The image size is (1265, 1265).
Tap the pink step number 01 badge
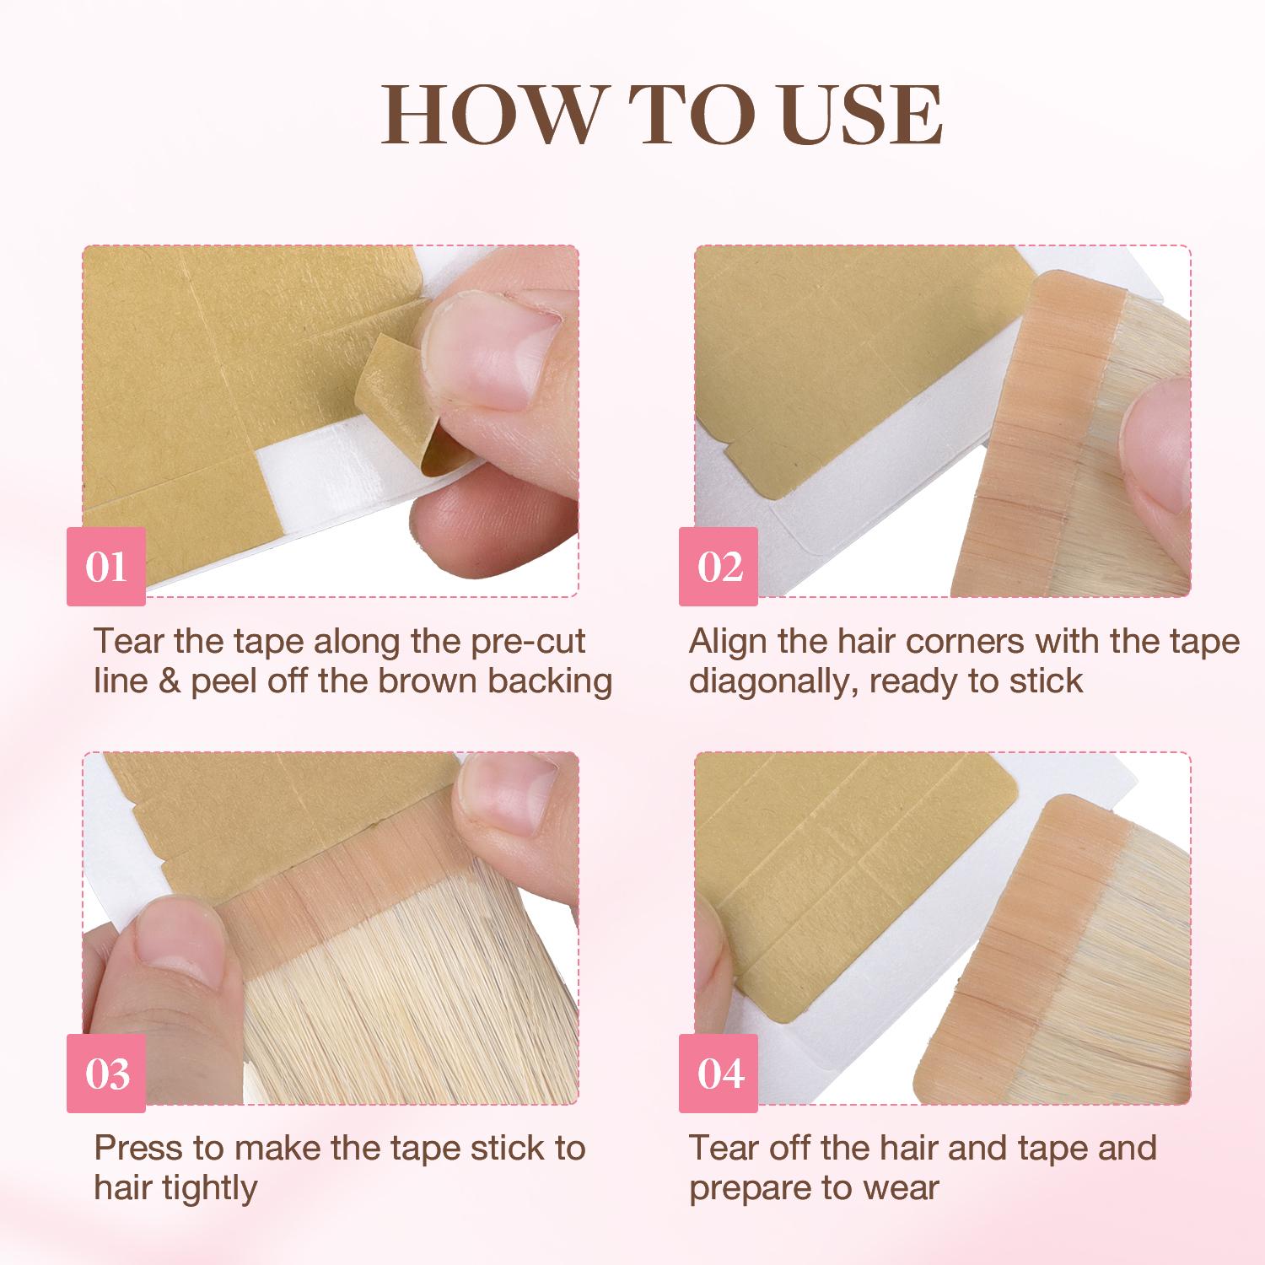106,567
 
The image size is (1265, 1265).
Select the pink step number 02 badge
719,567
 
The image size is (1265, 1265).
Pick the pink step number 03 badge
106,1074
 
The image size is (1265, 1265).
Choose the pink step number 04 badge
719,1074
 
